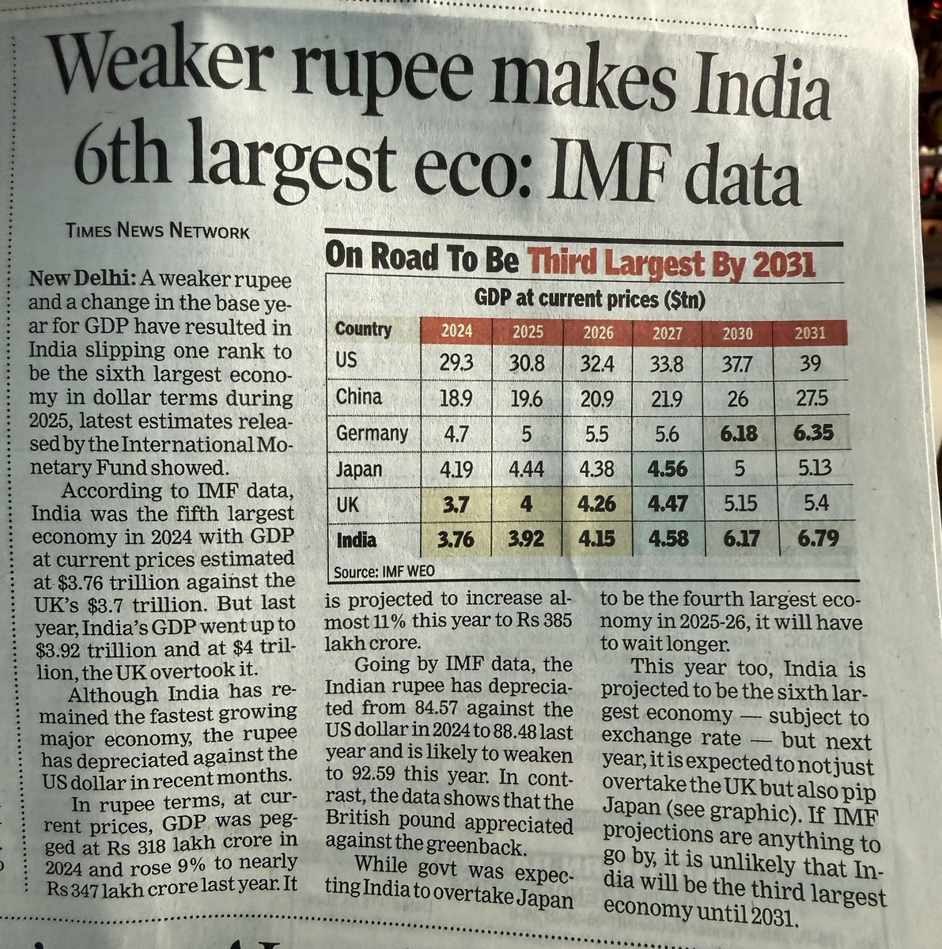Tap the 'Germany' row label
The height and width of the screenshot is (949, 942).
(371, 433)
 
